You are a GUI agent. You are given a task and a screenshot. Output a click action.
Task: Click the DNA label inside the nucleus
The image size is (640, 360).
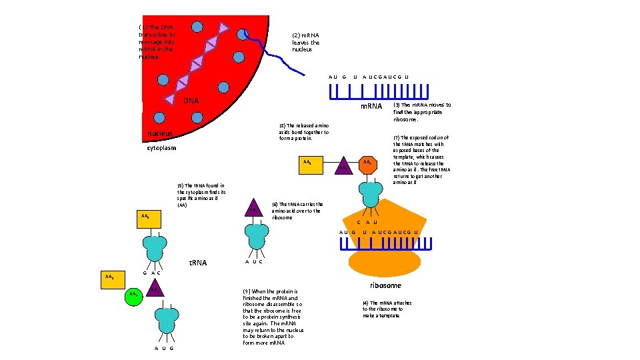click(191, 101)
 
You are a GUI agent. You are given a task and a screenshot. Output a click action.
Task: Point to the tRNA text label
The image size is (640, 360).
click(198, 263)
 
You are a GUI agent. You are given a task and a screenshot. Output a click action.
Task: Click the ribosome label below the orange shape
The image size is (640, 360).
click(385, 285)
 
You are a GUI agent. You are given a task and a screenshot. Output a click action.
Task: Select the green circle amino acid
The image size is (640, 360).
click(135, 295)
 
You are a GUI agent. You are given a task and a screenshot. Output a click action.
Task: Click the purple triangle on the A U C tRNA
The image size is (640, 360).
click(253, 209)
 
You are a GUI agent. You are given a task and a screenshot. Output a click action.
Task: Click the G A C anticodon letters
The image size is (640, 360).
click(153, 273)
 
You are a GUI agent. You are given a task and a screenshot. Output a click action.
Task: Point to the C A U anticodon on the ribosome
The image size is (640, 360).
click(367, 222)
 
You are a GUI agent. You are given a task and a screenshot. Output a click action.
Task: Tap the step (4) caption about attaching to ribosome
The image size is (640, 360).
click(387, 309)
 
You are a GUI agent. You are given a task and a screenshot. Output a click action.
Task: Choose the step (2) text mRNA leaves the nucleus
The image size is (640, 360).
click(306, 43)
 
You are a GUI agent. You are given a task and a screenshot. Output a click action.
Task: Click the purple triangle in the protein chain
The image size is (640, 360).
click(343, 167)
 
